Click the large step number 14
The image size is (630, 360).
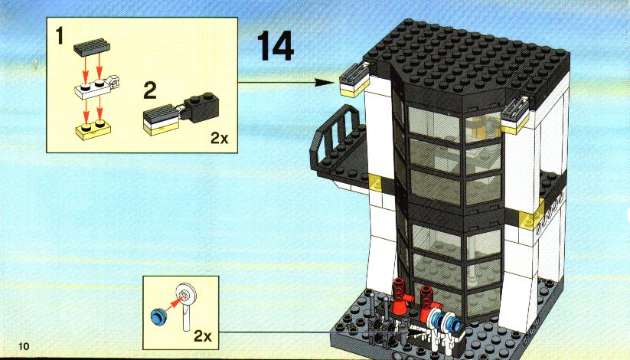pyautogui.click(x=276, y=46)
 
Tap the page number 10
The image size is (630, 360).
pyautogui.click(x=24, y=346)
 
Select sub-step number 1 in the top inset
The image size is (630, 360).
pyautogui.click(x=60, y=35)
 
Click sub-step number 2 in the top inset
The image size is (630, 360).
pyautogui.click(x=150, y=91)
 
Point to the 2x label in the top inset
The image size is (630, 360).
pyautogui.click(x=220, y=139)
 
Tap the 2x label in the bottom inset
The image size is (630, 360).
pyautogui.click(x=203, y=335)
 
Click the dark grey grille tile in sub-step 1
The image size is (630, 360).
pyautogui.click(x=92, y=47)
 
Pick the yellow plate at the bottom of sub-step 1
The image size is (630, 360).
pyautogui.click(x=93, y=129)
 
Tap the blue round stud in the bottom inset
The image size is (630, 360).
pyautogui.click(x=158, y=316)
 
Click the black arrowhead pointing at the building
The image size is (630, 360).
pyautogui.click(x=324, y=83)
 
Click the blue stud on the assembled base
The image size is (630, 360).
pyautogui.click(x=453, y=322)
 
